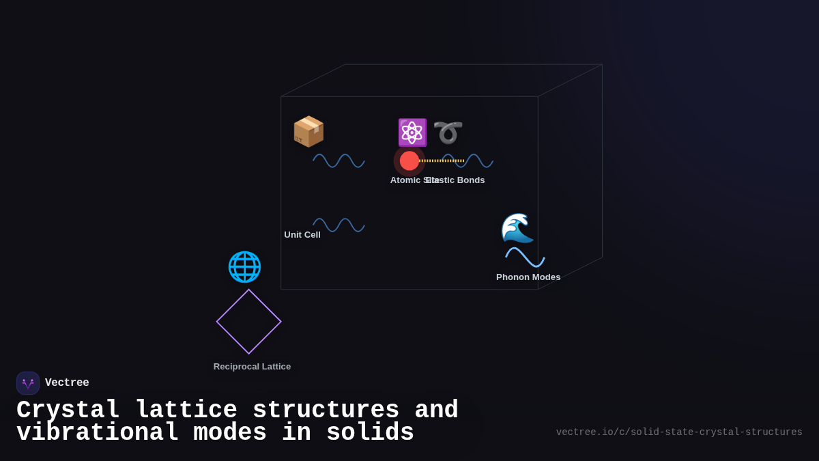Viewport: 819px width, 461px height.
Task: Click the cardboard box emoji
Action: (x=308, y=131)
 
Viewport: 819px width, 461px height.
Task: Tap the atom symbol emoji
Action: (x=412, y=132)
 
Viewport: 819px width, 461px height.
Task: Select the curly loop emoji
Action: (x=448, y=132)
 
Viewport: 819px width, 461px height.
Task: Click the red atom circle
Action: (x=409, y=161)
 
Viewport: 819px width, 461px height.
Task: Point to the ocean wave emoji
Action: (x=517, y=228)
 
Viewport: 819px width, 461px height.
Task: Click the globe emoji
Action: (x=244, y=267)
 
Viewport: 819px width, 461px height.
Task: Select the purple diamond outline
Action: (x=249, y=322)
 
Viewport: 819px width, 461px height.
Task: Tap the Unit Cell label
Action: (x=302, y=235)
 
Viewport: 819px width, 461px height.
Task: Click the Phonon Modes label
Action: (x=528, y=277)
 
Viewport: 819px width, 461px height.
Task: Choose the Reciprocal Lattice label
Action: (x=252, y=367)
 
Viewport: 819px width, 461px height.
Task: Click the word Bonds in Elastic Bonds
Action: (x=470, y=180)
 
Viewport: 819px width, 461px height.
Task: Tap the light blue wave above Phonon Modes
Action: (x=525, y=257)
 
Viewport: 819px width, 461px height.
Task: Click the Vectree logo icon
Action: (x=28, y=383)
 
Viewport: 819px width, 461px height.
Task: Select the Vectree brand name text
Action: (x=67, y=383)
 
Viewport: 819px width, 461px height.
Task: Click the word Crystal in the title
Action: (x=68, y=410)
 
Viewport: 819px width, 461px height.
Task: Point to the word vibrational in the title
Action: (x=98, y=433)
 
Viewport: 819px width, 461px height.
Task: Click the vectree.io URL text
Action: (x=679, y=432)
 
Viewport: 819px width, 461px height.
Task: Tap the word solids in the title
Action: (x=370, y=433)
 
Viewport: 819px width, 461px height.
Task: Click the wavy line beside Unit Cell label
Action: (x=339, y=225)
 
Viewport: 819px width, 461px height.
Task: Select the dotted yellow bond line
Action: (x=442, y=161)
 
